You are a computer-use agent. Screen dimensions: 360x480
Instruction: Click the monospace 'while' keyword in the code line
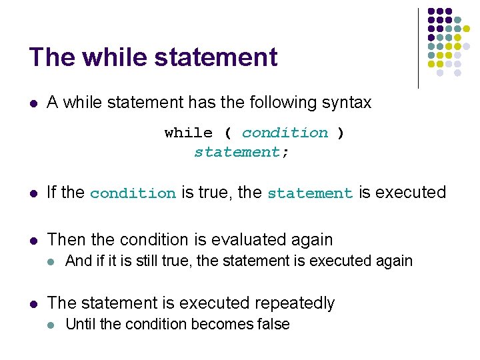(189, 133)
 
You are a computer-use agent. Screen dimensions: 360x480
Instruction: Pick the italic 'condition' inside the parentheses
(285, 133)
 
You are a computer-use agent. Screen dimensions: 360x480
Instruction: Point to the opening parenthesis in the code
(227, 133)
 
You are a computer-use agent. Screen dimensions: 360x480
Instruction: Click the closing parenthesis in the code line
(341, 133)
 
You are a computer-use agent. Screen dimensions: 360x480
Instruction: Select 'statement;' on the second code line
(241, 152)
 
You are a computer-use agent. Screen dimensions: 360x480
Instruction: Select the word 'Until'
(80, 324)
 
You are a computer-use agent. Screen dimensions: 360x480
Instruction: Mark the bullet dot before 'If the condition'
(33, 193)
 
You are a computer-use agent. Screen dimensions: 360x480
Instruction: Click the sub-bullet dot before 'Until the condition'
(52, 325)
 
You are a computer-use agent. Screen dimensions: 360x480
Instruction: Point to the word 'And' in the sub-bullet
(79, 261)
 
